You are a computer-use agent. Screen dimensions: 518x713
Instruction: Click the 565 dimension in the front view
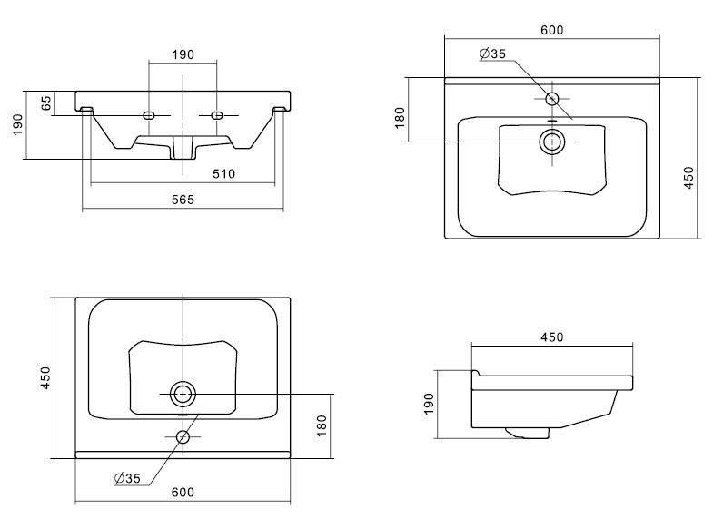(x=184, y=200)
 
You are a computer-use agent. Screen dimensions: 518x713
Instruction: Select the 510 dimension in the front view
(x=223, y=173)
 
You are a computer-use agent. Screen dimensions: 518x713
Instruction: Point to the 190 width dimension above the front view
(x=183, y=54)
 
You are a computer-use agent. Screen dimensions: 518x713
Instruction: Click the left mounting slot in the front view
(x=150, y=115)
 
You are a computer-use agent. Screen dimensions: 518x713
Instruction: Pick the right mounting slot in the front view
(x=218, y=115)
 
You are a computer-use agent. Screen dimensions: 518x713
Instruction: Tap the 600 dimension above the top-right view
(x=551, y=30)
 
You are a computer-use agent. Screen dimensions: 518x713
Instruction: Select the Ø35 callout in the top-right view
(x=492, y=54)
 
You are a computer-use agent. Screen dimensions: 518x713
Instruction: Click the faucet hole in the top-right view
(x=552, y=98)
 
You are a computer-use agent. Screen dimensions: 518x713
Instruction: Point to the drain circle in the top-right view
(x=551, y=142)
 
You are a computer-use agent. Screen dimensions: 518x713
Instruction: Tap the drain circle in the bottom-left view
(x=183, y=394)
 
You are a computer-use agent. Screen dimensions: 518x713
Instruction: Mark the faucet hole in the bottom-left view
(x=183, y=437)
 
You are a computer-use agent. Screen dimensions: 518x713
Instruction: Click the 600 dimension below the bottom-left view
(x=183, y=492)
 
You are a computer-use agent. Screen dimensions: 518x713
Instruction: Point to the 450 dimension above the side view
(x=552, y=337)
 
